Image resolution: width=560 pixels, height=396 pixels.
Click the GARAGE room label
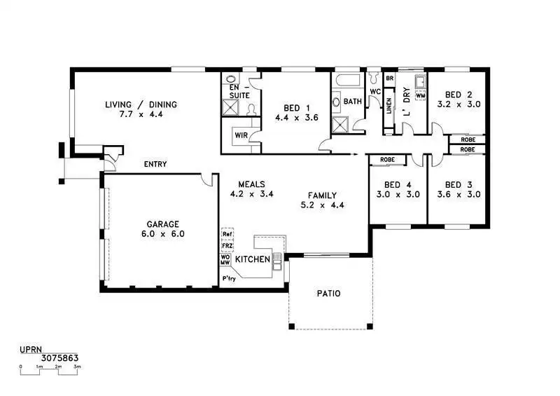pos(163,224)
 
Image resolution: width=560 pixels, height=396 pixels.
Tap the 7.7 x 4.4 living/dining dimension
pos(141,114)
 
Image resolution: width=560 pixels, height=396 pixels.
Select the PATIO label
pos(328,294)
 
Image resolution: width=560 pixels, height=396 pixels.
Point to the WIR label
pos(241,135)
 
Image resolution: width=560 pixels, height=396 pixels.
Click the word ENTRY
pos(155,164)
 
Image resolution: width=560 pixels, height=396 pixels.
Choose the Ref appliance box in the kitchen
pos(227,234)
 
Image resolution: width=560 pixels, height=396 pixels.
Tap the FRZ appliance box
pos(227,246)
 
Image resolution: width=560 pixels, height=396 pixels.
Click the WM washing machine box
pos(421,95)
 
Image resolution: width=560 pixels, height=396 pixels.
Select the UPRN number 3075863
pos(59,357)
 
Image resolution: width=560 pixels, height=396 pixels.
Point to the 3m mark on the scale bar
pos(77,367)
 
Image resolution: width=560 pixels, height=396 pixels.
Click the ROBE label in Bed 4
pos(388,160)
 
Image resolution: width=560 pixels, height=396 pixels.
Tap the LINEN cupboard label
pos(389,106)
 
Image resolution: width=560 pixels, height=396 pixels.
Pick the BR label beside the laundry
pos(390,78)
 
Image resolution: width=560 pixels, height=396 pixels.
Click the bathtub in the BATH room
pos(347,80)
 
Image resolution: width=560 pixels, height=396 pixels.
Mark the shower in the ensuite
pos(230,107)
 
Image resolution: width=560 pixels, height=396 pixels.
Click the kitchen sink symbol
pos(277,261)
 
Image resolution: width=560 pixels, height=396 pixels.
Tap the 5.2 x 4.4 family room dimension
pos(323,205)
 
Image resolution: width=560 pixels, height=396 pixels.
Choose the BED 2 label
pos(458,95)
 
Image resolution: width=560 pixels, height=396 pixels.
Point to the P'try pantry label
pos(229,278)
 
